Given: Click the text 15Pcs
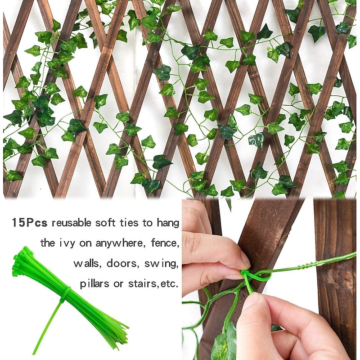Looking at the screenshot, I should (x=30, y=222).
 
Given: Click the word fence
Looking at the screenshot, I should (x=165, y=243).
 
